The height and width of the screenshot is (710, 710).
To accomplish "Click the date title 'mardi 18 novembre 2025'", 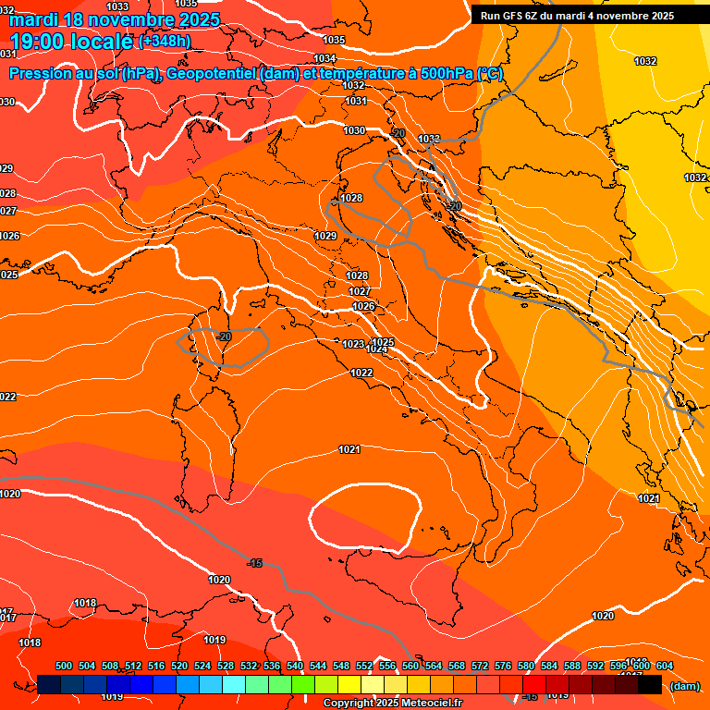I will click(116, 19).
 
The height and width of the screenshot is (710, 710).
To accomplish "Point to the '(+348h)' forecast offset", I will click(166, 42).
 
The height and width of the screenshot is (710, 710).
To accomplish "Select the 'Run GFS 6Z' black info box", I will click(577, 16).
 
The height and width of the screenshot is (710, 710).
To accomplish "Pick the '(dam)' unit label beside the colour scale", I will click(684, 686).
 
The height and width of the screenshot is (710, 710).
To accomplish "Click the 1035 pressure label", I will click(334, 40).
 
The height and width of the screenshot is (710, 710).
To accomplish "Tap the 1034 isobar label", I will click(324, 58).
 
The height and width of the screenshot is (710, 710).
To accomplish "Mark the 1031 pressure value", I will click(355, 102).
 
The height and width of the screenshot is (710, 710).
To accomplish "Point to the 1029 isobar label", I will click(325, 237).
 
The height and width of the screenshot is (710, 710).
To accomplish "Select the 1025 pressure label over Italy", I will click(384, 342).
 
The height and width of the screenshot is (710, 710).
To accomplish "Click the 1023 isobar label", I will click(353, 344).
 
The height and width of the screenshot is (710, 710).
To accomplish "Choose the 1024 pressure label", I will click(376, 349).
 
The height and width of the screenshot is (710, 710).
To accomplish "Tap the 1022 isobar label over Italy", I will click(361, 373).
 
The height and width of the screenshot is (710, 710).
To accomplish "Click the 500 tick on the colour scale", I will click(64, 666).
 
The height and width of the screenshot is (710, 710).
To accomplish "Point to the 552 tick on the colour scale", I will click(364, 666).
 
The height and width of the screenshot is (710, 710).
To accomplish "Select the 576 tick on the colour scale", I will click(503, 666).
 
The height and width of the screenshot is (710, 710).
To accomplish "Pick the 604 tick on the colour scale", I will click(665, 666).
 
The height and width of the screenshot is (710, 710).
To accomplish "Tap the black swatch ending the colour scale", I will click(650, 684).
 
